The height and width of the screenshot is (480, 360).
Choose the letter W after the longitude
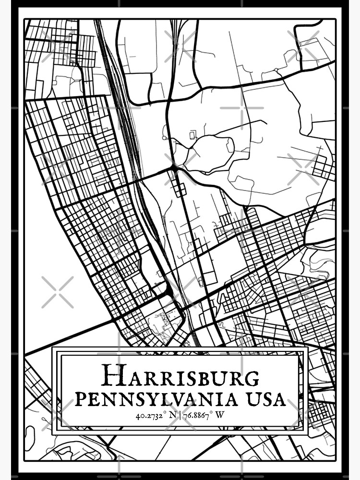click(220, 414)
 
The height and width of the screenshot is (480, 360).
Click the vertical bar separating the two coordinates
click(179, 414)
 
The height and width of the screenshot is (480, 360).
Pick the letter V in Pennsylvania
click(192, 398)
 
